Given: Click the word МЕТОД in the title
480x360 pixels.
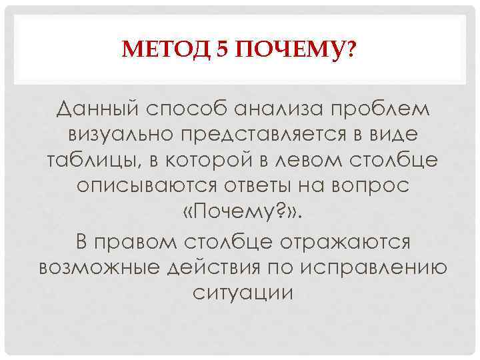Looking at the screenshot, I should [166, 49].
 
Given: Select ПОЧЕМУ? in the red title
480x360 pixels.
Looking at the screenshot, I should [293, 49].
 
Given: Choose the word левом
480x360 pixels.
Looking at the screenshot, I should [297, 160].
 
